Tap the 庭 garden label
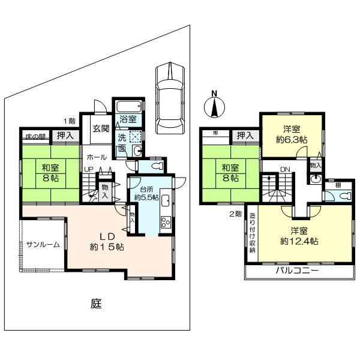click(x=96, y=304)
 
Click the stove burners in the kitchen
click(x=165, y=223)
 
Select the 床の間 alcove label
click(x=34, y=137)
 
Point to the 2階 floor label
click(x=235, y=213)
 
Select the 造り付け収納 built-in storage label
click(x=252, y=234)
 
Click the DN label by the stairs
click(x=286, y=170)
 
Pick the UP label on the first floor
click(x=88, y=170)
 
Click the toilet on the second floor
click(x=346, y=196)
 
